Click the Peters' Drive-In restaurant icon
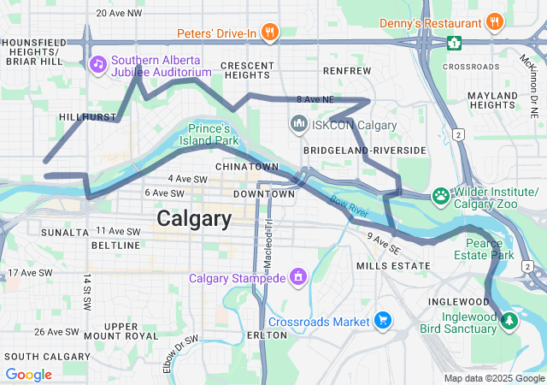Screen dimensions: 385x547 (270, 33)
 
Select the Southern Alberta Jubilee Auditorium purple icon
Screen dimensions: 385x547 (98, 64)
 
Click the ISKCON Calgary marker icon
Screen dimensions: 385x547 (299, 125)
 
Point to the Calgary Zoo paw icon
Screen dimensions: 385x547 (441, 196)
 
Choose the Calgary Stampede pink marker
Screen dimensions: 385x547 (298, 277)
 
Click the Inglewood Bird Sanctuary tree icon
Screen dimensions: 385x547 (510, 321)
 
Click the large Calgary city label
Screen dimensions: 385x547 (193, 219)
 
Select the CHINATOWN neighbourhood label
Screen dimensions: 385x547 (247, 166)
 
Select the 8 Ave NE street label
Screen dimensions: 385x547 (315, 100)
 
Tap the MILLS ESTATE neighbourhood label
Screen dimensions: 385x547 (393, 266)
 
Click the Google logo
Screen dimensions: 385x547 (28, 374)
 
